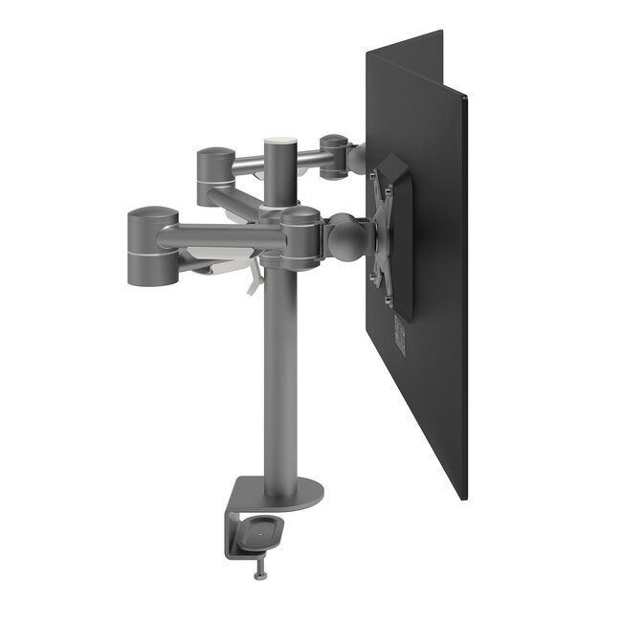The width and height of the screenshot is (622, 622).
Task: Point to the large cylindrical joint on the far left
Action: click(149, 246)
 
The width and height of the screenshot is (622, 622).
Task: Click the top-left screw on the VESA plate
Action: click(376, 176)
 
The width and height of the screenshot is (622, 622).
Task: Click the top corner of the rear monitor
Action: click(441, 33)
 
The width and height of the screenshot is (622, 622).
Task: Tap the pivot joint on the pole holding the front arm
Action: click(298, 235)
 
